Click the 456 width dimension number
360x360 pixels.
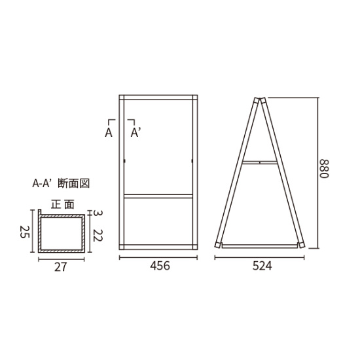tap(160, 266)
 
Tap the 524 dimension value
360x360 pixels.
tap(262, 266)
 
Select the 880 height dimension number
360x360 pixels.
tap(325, 168)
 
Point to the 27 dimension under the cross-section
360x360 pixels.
tap(60, 267)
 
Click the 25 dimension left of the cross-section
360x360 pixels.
tap(25, 232)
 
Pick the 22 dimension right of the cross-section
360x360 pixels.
tap(98, 236)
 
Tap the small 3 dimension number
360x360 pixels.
tap(98, 213)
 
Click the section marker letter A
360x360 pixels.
tap(109, 133)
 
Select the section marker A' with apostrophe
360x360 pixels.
tap(135, 133)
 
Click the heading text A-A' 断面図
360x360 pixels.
tap(61, 183)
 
